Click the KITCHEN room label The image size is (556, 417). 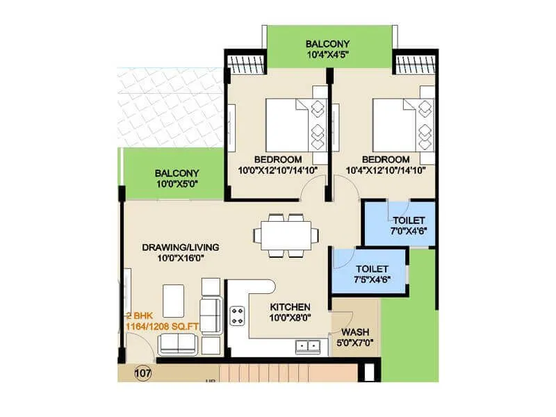(x=290, y=306)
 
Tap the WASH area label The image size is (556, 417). (x=354, y=332)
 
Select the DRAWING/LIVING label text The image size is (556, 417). (x=181, y=247)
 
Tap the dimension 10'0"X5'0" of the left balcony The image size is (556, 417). (x=177, y=183)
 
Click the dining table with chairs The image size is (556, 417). (x=286, y=234)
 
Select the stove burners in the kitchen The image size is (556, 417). (x=238, y=316)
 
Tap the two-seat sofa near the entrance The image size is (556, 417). (x=178, y=343)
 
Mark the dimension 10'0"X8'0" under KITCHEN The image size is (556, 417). (x=290, y=318)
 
